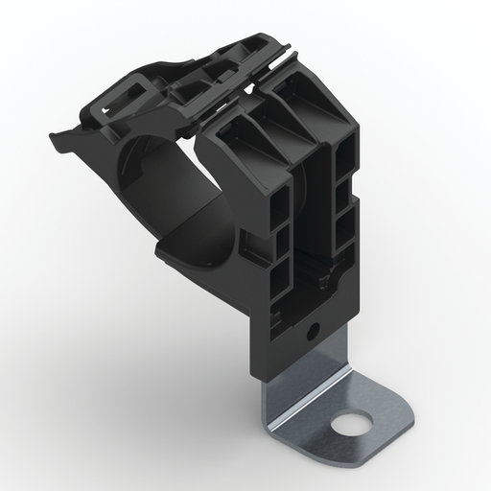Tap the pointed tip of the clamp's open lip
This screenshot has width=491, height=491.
tap(50, 137)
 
